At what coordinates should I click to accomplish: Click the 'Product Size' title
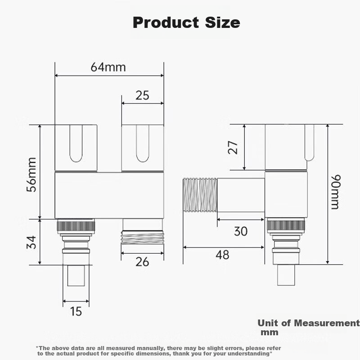pyautogui.click(x=186, y=22)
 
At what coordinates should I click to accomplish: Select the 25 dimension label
pyautogui.click(x=142, y=95)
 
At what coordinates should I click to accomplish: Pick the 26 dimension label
pyautogui.click(x=142, y=261)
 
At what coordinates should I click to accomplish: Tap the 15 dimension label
pyautogui.click(x=76, y=311)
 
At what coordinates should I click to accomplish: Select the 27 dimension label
pyautogui.click(x=232, y=148)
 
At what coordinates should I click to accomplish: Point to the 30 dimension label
pyautogui.click(x=241, y=231)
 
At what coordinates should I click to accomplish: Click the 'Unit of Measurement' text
pyautogui.click(x=308, y=323)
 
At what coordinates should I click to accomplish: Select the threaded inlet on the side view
pyautogui.click(x=200, y=195)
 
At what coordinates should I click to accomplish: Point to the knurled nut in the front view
pyautogui.click(x=76, y=226)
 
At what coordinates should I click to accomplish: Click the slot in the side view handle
pyautogui.click(x=309, y=143)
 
